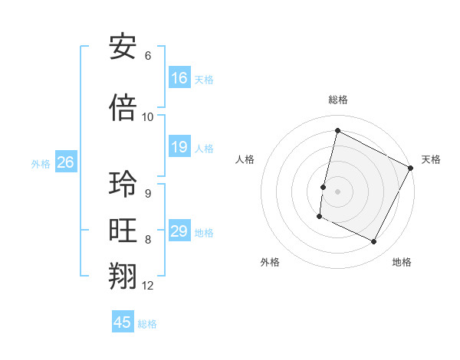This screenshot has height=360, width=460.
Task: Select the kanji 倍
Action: click(123, 108)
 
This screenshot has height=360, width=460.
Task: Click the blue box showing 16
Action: click(179, 78)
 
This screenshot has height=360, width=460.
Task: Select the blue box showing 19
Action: click(179, 147)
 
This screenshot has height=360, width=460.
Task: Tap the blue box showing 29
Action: click(179, 231)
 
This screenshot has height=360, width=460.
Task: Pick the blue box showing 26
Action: click(65, 162)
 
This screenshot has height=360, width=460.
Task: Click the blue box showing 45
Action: click(123, 322)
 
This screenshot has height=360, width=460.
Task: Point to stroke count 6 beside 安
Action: click(148, 56)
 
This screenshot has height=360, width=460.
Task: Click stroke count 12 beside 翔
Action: click(148, 286)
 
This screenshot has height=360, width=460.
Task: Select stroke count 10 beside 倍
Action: click(148, 117)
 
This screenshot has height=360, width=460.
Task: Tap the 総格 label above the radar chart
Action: click(337, 100)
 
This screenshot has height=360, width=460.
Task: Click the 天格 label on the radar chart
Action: click(431, 159)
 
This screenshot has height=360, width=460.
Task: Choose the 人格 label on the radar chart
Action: click(245, 159)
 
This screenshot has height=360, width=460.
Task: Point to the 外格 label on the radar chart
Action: click(269, 262)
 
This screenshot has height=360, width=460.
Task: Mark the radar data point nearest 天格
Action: click(412, 168)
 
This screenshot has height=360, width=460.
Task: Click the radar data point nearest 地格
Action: click(374, 242)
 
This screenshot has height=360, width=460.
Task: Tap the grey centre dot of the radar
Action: click(337, 191)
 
